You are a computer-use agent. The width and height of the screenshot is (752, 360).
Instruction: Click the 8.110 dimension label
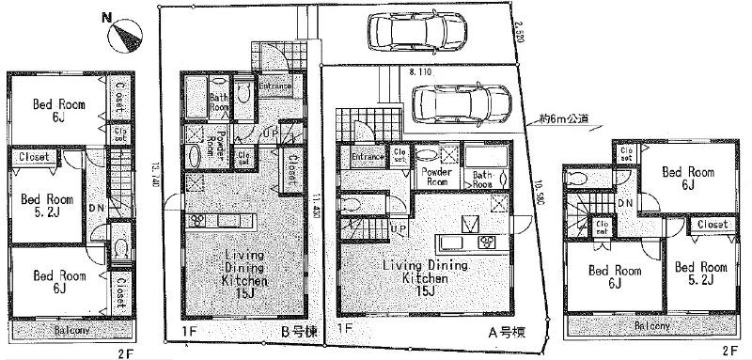pyautogui.click(x=420, y=70)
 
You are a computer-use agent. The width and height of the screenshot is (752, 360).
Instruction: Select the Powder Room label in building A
pyautogui.click(x=437, y=177)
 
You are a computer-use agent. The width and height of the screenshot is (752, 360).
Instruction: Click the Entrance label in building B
pyautogui.click(x=274, y=85)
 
